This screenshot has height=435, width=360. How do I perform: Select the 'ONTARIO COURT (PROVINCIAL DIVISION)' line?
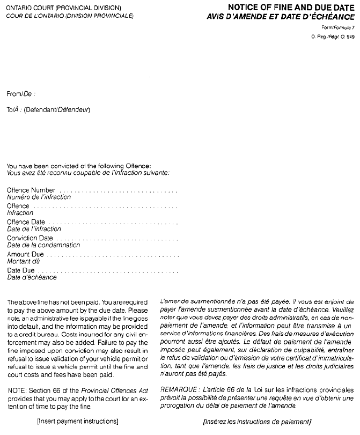(x=64, y=9)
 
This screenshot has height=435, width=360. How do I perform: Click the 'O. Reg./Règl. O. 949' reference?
(x=333, y=36)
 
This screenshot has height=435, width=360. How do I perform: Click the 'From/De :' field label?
(x=21, y=94)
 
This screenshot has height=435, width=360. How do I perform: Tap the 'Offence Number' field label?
(x=31, y=190)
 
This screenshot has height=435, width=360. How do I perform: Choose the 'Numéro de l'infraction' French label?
(x=39, y=197)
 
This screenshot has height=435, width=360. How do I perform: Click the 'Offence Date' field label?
(x=26, y=222)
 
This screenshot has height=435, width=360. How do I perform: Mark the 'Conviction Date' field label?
(x=30, y=238)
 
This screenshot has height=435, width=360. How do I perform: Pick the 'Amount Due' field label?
(x=25, y=254)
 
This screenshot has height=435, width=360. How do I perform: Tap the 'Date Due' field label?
(x=21, y=270)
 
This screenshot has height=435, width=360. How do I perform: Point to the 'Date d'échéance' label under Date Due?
(x=32, y=277)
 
